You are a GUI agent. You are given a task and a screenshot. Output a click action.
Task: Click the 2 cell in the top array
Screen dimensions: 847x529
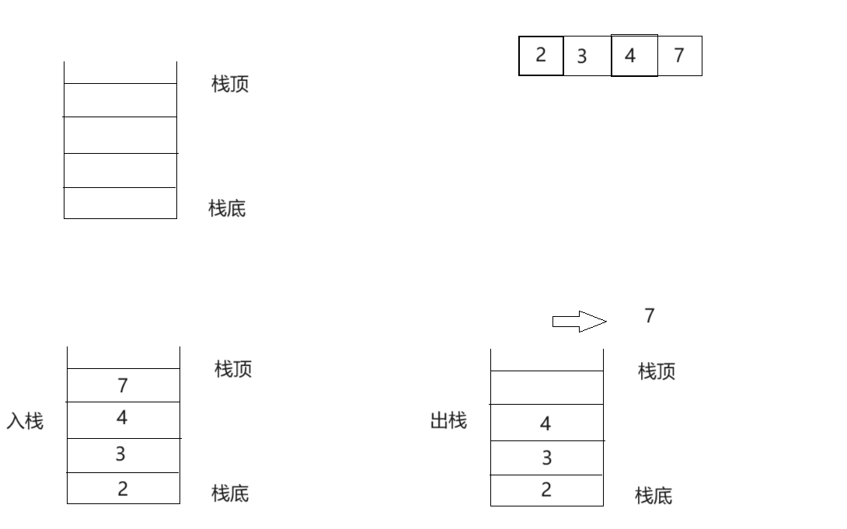tap(541, 55)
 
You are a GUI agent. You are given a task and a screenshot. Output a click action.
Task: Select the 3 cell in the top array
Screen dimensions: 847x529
tap(582, 56)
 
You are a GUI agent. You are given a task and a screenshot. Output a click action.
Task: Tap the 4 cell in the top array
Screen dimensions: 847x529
tap(630, 56)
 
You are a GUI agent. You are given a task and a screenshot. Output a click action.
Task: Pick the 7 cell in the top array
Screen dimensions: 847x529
tap(679, 55)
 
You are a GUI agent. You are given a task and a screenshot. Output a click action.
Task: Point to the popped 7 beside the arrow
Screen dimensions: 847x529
tap(650, 315)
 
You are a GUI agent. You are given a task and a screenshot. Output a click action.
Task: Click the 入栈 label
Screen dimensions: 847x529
tap(25, 422)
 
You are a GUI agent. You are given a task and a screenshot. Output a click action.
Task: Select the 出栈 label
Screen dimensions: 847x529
tap(448, 421)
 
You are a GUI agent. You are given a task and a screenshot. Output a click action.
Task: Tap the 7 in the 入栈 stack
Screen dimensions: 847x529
tap(123, 385)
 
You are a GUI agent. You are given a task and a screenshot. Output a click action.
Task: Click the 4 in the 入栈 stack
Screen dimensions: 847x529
tap(122, 418)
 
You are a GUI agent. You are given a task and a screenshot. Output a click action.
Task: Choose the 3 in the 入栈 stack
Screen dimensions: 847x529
tap(120, 454)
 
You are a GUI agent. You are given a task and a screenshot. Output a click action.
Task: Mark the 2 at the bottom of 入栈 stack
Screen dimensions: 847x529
tap(123, 489)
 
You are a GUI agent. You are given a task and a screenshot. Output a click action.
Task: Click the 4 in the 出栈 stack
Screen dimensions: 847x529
tap(545, 423)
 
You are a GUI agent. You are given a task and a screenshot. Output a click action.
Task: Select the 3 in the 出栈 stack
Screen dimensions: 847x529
tap(546, 458)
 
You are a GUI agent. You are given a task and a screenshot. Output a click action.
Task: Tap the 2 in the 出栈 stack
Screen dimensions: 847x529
tap(546, 489)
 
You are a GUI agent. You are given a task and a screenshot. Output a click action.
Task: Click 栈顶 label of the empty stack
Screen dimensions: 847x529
tap(230, 84)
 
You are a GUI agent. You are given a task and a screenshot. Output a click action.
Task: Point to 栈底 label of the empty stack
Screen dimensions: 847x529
tap(227, 208)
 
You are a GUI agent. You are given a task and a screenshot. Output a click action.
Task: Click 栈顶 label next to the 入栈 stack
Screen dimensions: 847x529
tap(233, 369)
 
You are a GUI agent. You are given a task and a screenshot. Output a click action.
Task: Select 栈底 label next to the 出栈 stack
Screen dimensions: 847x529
tap(654, 496)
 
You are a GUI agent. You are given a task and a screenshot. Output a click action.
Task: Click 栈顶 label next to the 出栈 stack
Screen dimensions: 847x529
tap(657, 371)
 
